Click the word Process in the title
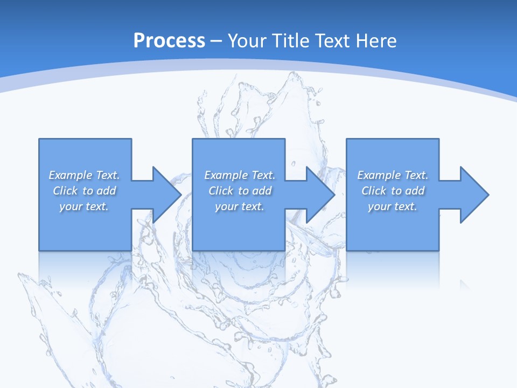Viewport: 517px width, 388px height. [x=169, y=40]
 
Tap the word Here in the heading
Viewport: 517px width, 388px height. [x=376, y=40]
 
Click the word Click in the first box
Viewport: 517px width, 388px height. [x=65, y=191]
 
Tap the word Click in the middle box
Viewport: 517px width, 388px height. [x=221, y=191]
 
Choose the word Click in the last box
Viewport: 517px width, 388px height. [x=374, y=191]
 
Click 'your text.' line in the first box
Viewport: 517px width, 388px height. [x=84, y=206]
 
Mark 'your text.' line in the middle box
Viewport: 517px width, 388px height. [x=240, y=206]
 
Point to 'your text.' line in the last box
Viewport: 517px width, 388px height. [x=393, y=206]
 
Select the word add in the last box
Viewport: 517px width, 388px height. [x=415, y=191]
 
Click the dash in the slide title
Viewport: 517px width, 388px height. [x=216, y=41]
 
